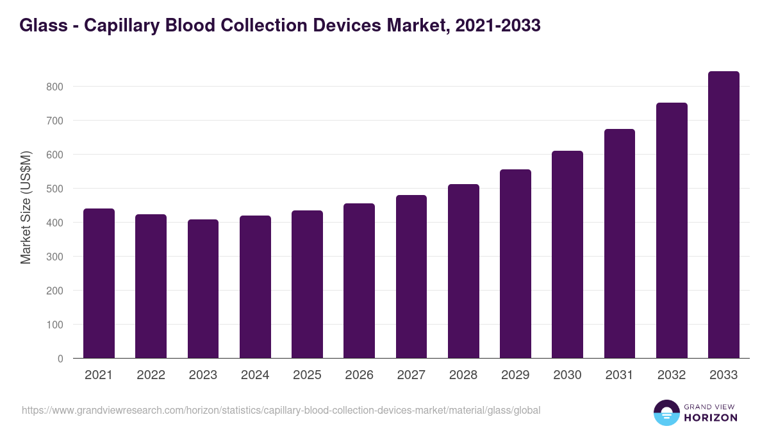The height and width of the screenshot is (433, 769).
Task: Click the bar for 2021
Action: point(99,284)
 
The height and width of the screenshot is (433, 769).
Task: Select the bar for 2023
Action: point(203,289)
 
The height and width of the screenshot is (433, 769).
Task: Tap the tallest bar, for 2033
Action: point(724,215)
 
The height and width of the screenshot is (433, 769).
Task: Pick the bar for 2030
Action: point(567,255)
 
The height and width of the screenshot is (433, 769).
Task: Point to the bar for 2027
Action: point(411,276)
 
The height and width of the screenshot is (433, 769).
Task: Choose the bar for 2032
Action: point(672,230)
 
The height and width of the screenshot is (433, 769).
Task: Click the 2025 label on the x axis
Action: point(307,375)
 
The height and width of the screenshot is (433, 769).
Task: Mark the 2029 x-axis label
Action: point(515,375)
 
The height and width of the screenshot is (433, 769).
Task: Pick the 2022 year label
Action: point(151,375)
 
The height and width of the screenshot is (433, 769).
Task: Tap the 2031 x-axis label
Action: point(620,375)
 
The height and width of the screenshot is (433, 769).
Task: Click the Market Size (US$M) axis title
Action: point(26,207)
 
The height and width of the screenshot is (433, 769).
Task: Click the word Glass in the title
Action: point(42,26)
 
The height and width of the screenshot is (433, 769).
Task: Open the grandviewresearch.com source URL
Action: point(281,410)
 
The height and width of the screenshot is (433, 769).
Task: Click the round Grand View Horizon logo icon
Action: point(666,413)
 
